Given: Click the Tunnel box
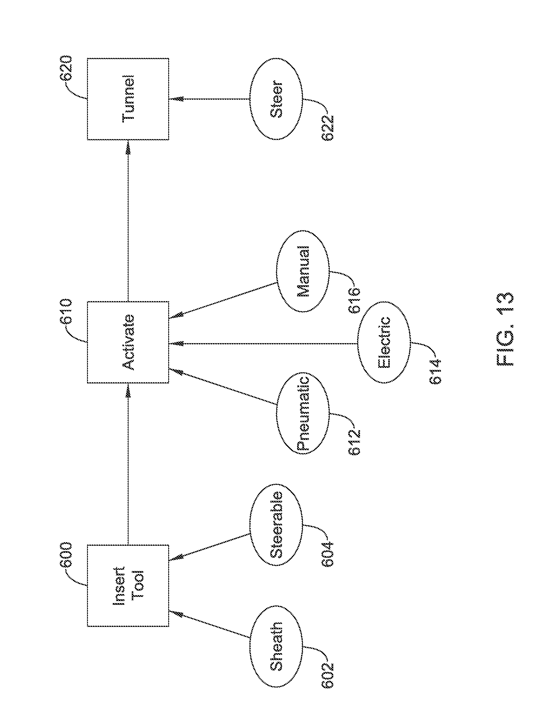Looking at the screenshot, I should [x=128, y=99].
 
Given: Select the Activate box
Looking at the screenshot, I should [x=128, y=342].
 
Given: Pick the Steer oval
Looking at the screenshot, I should [x=276, y=99].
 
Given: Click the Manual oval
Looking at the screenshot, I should [x=303, y=271].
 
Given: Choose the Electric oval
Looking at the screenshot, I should [x=384, y=343].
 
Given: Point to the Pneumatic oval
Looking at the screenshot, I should [x=303, y=413].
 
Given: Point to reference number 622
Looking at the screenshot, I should [x=328, y=127].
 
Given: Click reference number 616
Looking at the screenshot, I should [x=354, y=300].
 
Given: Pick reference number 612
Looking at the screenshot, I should [x=354, y=442].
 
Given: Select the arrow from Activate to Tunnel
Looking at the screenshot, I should [x=128, y=221].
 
